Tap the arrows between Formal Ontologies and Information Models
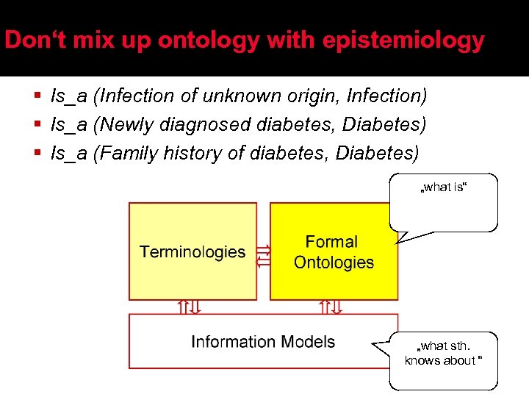click(330, 307)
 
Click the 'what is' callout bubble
click(443, 201)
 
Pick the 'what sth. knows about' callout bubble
click(443, 360)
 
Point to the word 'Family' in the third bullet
click(128, 153)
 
